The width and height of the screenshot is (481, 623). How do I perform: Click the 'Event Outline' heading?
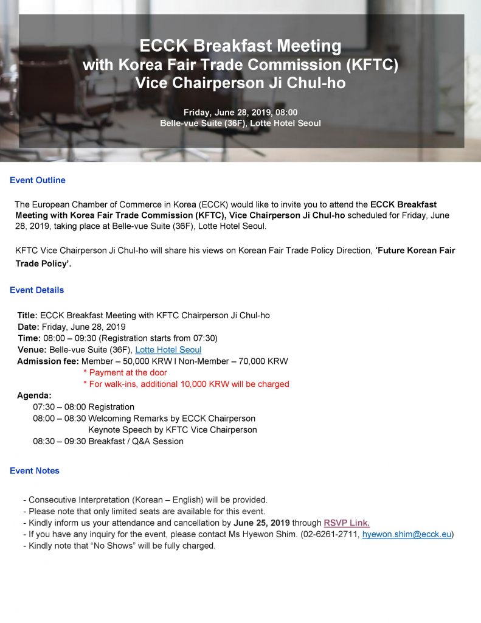pyautogui.click(x=38, y=180)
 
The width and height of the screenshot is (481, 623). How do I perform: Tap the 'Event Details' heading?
pyautogui.click(x=37, y=290)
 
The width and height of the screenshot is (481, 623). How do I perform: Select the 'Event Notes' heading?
pyautogui.click(x=35, y=470)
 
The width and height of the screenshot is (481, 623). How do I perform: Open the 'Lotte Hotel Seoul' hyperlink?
pyautogui.click(x=168, y=350)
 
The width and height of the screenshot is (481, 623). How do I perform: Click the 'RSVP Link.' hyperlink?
pyautogui.click(x=347, y=523)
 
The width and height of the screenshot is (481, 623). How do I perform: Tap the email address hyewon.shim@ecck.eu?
pyautogui.click(x=407, y=534)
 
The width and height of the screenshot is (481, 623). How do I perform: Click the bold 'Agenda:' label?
pyautogui.click(x=34, y=395)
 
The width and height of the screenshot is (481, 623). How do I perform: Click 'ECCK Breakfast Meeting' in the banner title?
pyautogui.click(x=240, y=46)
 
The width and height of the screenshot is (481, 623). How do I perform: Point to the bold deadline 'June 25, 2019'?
pyautogui.click(x=262, y=523)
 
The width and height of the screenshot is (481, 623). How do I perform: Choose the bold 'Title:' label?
pyautogui.click(x=27, y=315)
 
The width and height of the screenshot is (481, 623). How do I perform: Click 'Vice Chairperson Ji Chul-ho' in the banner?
pyautogui.click(x=240, y=83)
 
